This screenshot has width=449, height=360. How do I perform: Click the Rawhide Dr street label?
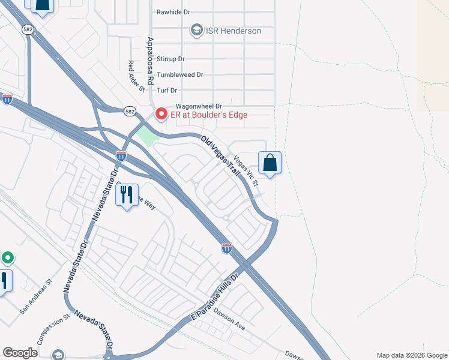[173, 11]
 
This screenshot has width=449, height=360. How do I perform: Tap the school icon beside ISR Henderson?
[196, 30]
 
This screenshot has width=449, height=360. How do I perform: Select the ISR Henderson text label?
[234, 31]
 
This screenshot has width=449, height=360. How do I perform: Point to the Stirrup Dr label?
[170, 59]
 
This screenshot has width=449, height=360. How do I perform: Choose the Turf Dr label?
[167, 91]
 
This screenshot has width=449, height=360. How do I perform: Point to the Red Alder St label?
[137, 76]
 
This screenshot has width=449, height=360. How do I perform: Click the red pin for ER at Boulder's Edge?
[161, 114]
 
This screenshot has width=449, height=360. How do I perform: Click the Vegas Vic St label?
[246, 170]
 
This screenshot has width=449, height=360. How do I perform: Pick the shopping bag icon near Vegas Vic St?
[270, 163]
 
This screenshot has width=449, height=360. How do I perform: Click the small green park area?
[146, 136]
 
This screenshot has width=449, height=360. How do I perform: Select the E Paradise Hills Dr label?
[214, 298]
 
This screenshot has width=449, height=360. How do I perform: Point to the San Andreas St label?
[36, 296]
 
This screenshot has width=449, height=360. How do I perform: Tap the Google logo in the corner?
[20, 353]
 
